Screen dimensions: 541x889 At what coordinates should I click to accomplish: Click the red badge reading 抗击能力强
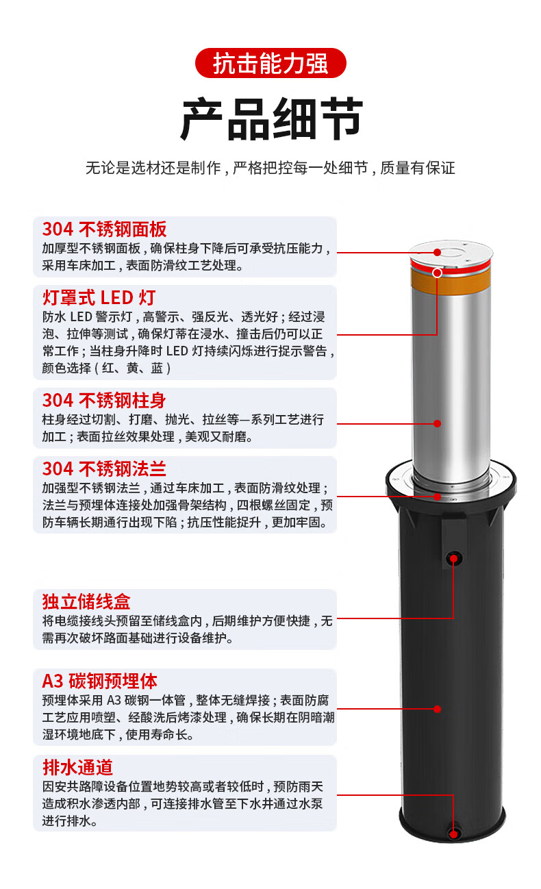[270, 63]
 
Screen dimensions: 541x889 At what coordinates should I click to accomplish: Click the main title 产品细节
[271, 119]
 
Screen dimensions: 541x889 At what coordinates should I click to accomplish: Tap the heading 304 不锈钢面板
[104, 229]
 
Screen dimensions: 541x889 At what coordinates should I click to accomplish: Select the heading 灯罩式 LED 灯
[99, 298]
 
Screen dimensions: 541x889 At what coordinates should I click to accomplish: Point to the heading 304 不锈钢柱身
[104, 401]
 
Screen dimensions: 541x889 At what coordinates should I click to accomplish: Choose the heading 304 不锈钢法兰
[104, 468]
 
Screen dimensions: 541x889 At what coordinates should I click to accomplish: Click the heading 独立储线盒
[86, 601]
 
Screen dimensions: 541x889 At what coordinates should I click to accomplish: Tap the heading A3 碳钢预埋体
[99, 681]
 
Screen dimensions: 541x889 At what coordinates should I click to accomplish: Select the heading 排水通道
[78, 767]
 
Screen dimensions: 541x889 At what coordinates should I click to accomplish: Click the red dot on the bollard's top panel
[437, 253]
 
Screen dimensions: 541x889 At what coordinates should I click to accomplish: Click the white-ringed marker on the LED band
[437, 273]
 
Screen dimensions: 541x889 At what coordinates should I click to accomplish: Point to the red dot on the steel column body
[437, 423]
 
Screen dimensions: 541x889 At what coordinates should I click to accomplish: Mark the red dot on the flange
[437, 497]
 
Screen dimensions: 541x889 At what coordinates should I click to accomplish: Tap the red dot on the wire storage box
[453, 559]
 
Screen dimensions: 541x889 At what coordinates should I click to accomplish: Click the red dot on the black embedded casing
[437, 709]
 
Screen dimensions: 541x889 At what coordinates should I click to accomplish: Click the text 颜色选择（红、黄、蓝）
[107, 368]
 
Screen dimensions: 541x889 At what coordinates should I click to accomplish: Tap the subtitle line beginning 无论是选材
[270, 168]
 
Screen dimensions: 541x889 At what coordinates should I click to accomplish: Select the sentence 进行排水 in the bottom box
[70, 821]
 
